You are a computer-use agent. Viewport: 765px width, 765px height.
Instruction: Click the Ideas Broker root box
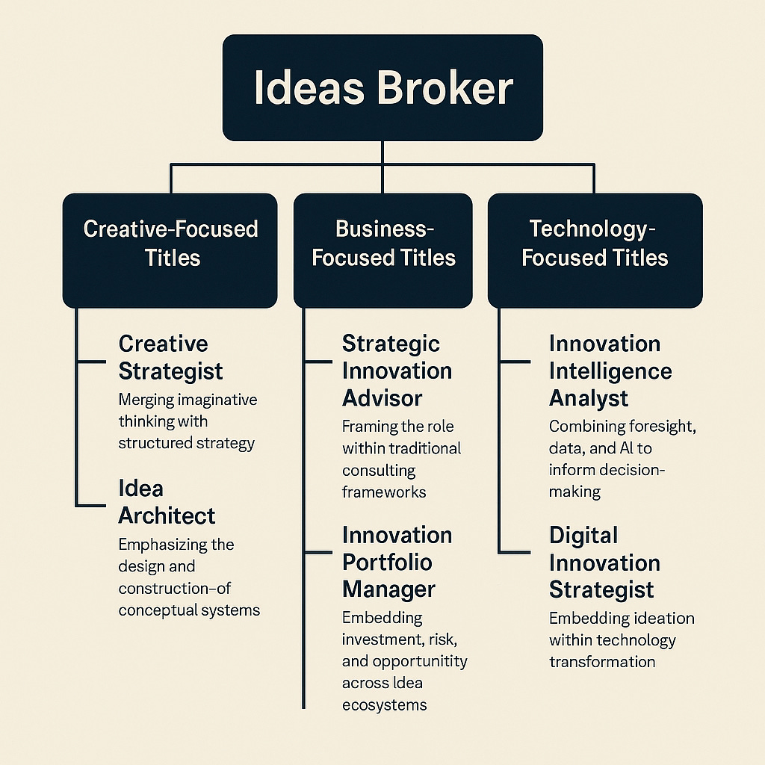tap(382, 87)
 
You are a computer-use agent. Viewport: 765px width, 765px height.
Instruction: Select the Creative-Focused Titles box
tap(170, 250)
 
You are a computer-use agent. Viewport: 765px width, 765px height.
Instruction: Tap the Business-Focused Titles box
tap(383, 250)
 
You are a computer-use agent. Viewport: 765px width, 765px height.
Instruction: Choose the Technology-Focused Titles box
tap(595, 250)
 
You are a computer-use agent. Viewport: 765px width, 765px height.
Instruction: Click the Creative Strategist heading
tap(171, 357)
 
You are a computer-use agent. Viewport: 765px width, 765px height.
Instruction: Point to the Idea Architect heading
tap(167, 502)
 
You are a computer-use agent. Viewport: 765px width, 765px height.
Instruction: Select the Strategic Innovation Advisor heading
tap(397, 371)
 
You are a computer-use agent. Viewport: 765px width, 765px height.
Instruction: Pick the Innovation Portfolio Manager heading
tap(397, 562)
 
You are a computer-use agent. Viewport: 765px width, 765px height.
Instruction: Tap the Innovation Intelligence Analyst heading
tap(610, 371)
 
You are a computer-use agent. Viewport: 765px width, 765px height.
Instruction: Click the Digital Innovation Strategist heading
tap(604, 562)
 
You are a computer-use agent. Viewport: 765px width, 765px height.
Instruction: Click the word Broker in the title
tap(445, 88)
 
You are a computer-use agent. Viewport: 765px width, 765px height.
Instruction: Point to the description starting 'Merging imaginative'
tap(188, 421)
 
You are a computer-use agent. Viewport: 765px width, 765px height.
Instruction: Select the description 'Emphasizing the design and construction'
tap(189, 577)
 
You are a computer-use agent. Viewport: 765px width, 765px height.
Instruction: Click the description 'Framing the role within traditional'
tap(402, 459)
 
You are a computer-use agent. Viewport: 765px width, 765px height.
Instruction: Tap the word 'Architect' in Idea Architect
tap(167, 515)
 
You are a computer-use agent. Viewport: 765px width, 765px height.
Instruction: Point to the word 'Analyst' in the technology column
tap(589, 397)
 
